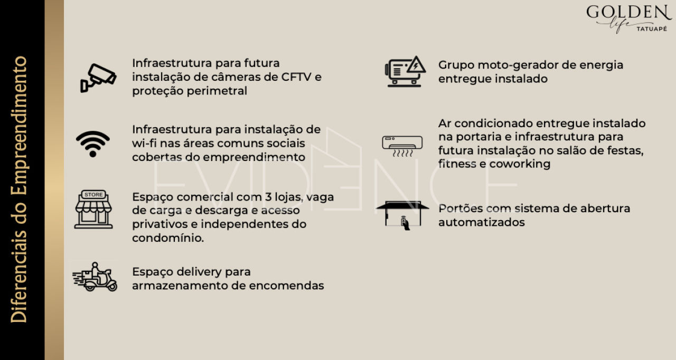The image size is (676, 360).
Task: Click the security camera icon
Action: tap(98, 77)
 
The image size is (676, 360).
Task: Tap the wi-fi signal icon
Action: tap(93, 144)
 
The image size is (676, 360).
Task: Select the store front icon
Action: tap(93, 210)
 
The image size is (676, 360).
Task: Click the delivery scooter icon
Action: tap(96, 277)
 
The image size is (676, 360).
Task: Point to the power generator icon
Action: tap(405, 72)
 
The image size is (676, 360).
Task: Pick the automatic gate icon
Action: tap(402, 214)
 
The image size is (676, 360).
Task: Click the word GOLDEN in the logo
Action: tap(628, 12)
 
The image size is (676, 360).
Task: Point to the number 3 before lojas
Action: tap(269, 197)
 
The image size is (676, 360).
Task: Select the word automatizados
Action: tap(481, 222)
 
